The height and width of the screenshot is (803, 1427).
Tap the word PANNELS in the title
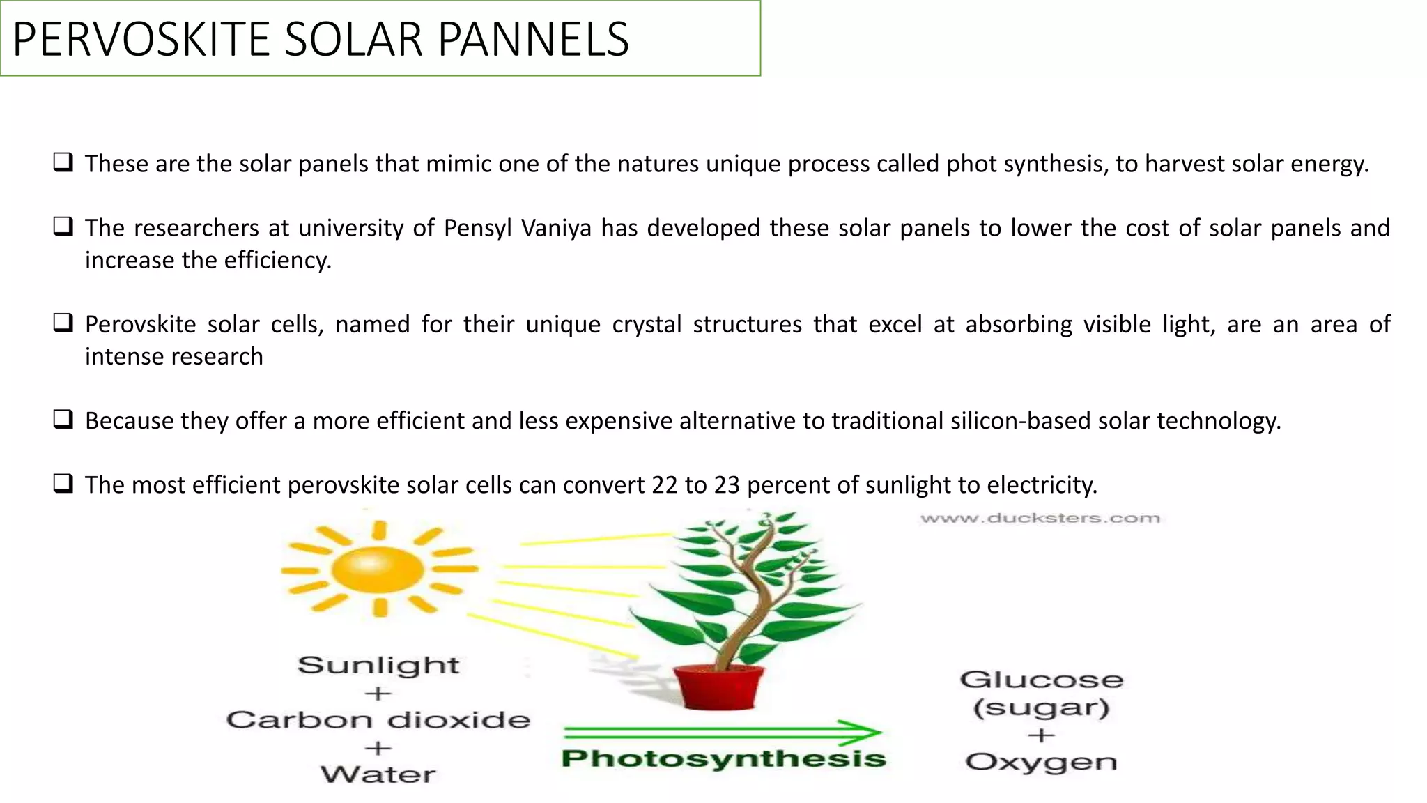coord(533,40)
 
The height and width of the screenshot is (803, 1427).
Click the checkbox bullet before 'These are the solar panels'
coord(63,163)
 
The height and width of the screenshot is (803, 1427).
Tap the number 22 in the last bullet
coord(665,485)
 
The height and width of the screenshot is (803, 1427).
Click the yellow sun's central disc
coord(378,569)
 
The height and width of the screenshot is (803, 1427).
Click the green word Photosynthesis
coord(723,758)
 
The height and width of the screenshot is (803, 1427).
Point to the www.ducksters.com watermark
coord(1040,518)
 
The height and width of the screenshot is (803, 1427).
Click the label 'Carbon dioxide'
coord(378,720)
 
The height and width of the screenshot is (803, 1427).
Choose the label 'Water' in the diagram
coord(378,774)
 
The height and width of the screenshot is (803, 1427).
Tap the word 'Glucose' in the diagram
coord(1041,680)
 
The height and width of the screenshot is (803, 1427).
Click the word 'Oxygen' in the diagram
coord(1041,763)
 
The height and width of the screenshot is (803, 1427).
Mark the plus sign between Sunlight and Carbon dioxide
coord(378,694)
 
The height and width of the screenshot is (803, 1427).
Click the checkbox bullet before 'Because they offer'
coord(63,420)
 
